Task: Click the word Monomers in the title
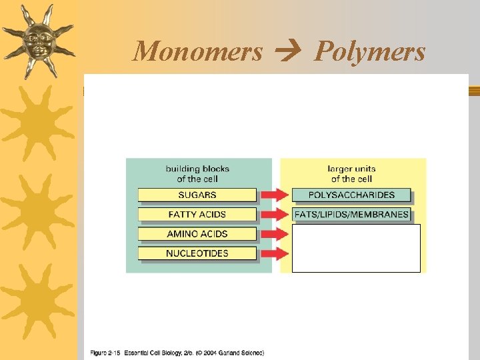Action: pyautogui.click(x=198, y=51)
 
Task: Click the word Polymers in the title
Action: pyautogui.click(x=370, y=51)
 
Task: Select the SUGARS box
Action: pyautogui.click(x=197, y=195)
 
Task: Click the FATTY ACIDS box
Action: pyautogui.click(x=197, y=215)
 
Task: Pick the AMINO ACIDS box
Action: pyautogui.click(x=197, y=234)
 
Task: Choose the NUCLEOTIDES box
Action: pyautogui.click(x=197, y=253)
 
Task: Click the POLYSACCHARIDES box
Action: pyautogui.click(x=351, y=195)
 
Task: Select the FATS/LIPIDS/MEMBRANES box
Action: pyautogui.click(x=351, y=215)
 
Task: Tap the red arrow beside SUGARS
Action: pyautogui.click(x=274, y=195)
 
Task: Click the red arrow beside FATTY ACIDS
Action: pyautogui.click(x=274, y=215)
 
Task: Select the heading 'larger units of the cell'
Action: pyautogui.click(x=351, y=174)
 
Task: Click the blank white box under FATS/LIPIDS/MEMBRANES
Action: pyautogui.click(x=356, y=248)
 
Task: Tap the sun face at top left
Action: pyautogui.click(x=37, y=40)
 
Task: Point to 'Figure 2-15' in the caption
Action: pyautogui.click(x=106, y=353)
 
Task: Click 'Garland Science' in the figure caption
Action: pyautogui.click(x=240, y=353)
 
